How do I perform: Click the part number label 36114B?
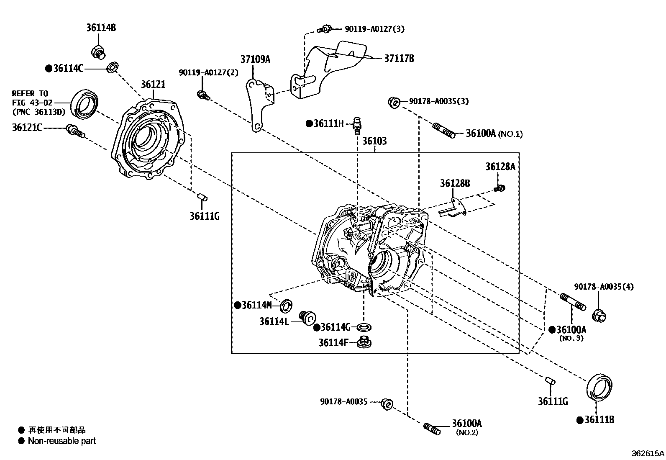(x=101, y=28)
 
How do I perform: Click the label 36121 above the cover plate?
(x=153, y=85)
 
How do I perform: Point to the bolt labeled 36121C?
(x=74, y=131)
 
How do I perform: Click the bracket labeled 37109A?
(x=257, y=103)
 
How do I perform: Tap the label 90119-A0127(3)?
(x=374, y=29)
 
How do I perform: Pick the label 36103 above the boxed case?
(x=374, y=141)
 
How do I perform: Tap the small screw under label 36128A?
(x=499, y=189)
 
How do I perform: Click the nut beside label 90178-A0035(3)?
(x=393, y=102)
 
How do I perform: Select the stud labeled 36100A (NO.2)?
(x=432, y=429)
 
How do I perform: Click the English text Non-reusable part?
(x=62, y=441)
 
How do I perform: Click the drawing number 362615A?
(x=648, y=453)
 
